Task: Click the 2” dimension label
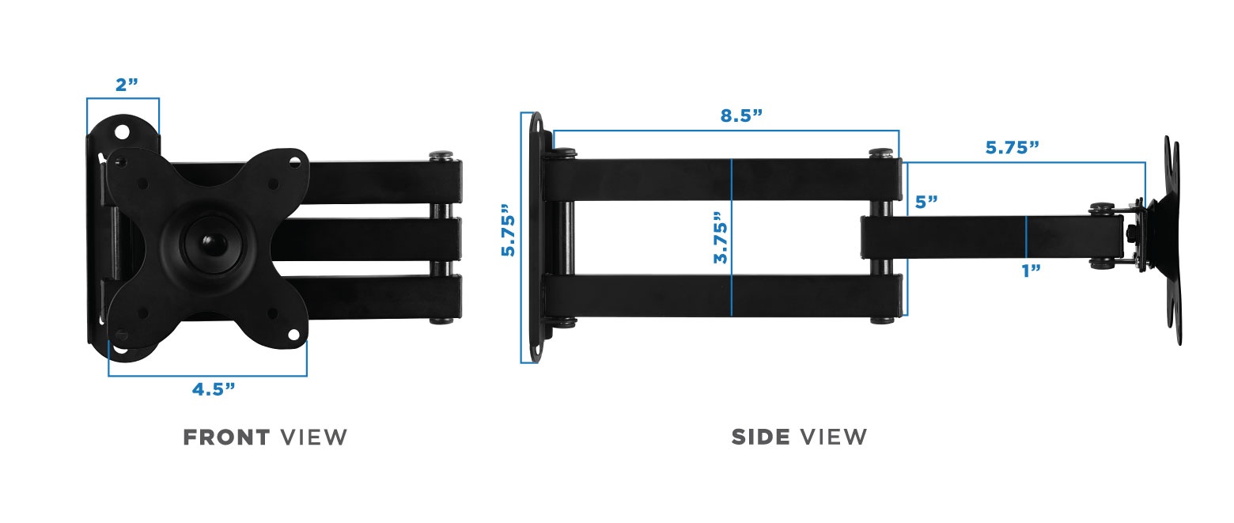click(x=127, y=85)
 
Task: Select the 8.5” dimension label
click(x=740, y=116)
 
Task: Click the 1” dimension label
click(x=1030, y=271)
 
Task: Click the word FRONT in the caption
click(x=226, y=437)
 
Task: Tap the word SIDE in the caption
click(x=760, y=437)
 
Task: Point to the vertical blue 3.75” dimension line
click(x=732, y=237)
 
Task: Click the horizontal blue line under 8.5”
click(x=725, y=131)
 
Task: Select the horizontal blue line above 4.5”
click(x=207, y=375)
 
